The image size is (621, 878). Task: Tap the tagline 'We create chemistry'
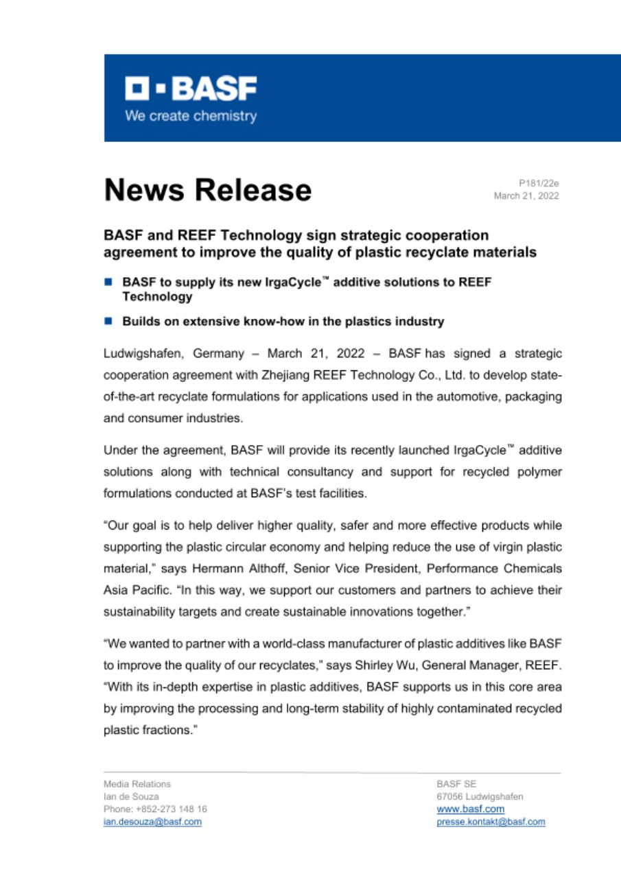coord(190,116)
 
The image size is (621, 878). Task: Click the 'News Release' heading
coord(207,189)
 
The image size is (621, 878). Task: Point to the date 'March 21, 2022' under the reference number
coord(526,196)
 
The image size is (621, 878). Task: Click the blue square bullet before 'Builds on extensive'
coord(108,320)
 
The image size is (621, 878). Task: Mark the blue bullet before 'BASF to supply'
coord(108,282)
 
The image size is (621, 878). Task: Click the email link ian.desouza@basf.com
coord(152,822)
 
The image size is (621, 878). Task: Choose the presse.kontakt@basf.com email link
coord(491,822)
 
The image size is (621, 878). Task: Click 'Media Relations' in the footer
coord(137,783)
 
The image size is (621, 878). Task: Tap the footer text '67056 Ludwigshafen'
coord(480,796)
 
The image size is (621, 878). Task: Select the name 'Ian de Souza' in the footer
coord(131,796)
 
